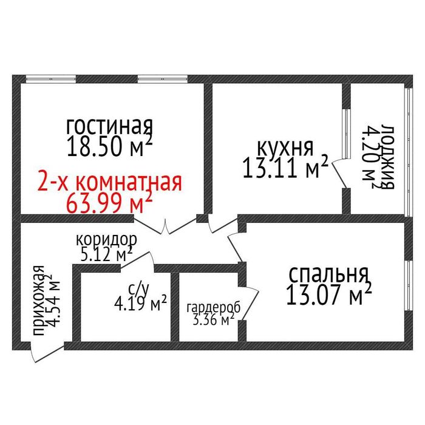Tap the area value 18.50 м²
(x=109, y=147)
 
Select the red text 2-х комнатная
(x=110, y=182)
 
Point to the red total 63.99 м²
(x=109, y=202)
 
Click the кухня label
(x=285, y=148)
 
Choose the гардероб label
(x=213, y=308)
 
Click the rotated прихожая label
(x=38, y=301)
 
